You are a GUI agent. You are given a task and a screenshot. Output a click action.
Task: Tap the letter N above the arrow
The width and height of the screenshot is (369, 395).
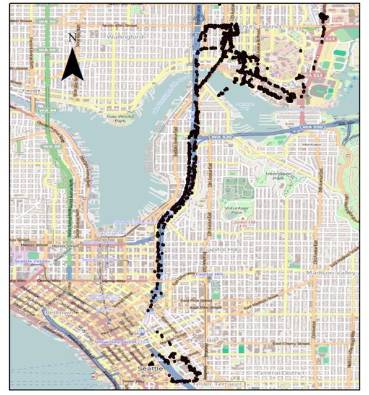pos(72,38)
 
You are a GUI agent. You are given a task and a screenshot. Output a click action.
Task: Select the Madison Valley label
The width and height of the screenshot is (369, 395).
pos(329,272)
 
